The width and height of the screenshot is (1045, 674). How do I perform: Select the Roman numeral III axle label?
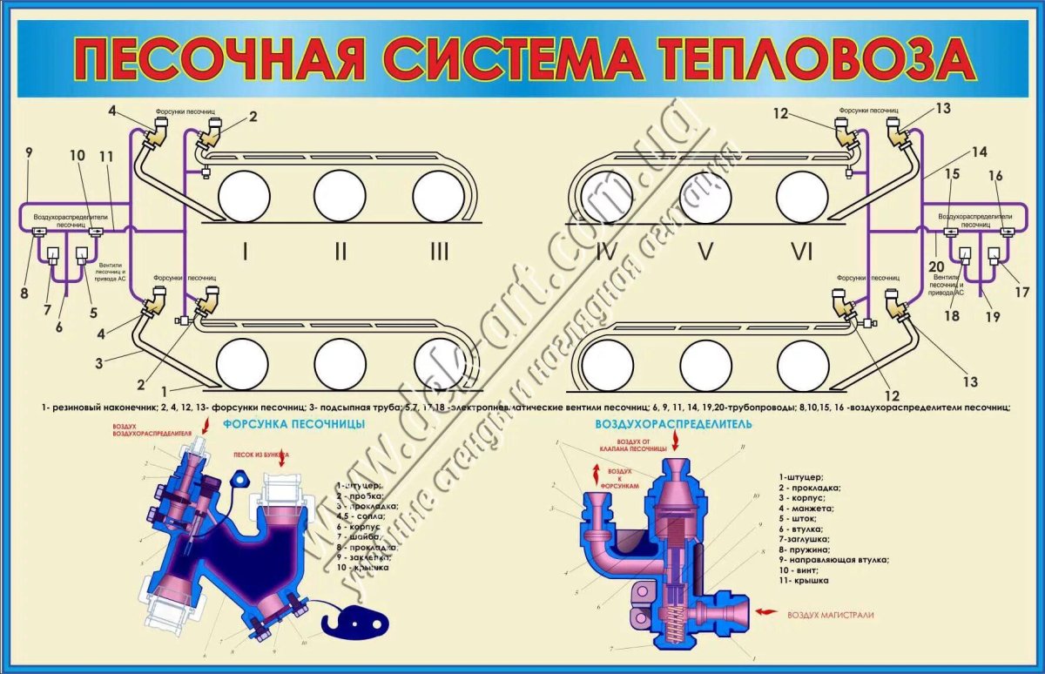click(x=439, y=253)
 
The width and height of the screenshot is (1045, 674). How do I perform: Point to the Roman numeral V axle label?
click(x=705, y=253)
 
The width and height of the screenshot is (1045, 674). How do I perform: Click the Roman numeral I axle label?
click(x=246, y=253)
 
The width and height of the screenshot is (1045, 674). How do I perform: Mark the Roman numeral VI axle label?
click(x=801, y=253)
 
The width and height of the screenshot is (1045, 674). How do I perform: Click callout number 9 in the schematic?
click(x=29, y=153)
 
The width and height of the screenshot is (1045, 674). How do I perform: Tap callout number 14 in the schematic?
click(x=980, y=152)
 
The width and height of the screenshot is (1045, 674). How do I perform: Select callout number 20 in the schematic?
click(x=934, y=266)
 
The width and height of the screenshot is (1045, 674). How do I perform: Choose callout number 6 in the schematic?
click(x=58, y=327)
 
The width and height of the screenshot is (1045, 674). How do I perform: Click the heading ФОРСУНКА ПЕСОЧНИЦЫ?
click(x=293, y=424)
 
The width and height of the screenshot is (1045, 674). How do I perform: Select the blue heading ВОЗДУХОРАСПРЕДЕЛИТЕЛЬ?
click(x=673, y=425)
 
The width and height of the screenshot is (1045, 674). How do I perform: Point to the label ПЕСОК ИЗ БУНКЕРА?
click(x=260, y=455)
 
